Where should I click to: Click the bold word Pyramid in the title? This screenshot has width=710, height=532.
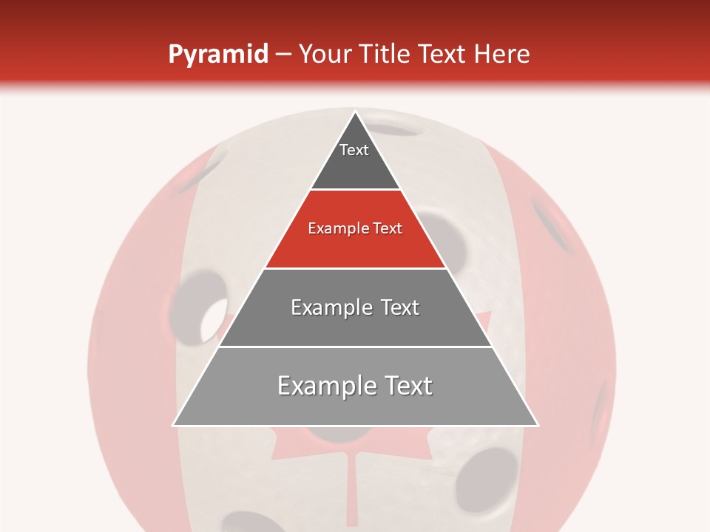[x=217, y=55]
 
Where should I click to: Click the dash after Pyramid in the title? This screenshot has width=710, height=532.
[x=283, y=55]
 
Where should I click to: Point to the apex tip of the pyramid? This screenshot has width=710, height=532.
[x=355, y=112]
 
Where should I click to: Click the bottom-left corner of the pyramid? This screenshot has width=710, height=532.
[x=174, y=425]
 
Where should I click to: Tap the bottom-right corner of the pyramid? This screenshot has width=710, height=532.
[x=537, y=425]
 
